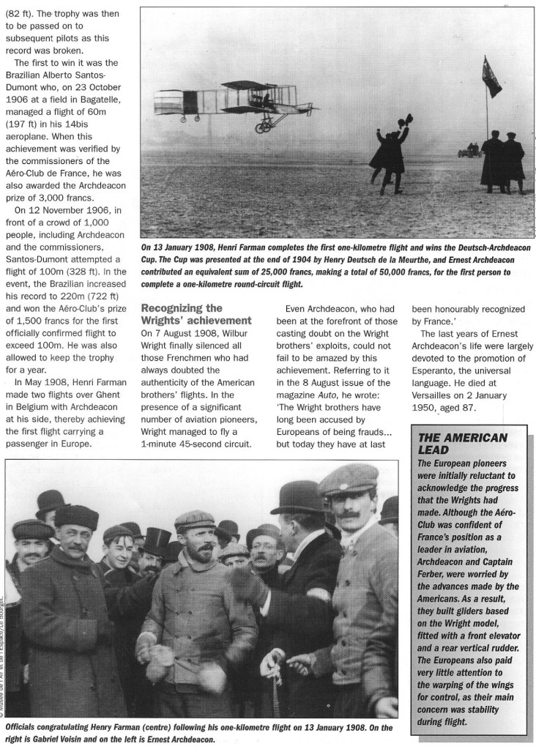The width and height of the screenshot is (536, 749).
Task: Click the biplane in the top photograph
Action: [220, 103]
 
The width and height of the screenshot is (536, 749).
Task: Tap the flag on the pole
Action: [491, 75]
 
